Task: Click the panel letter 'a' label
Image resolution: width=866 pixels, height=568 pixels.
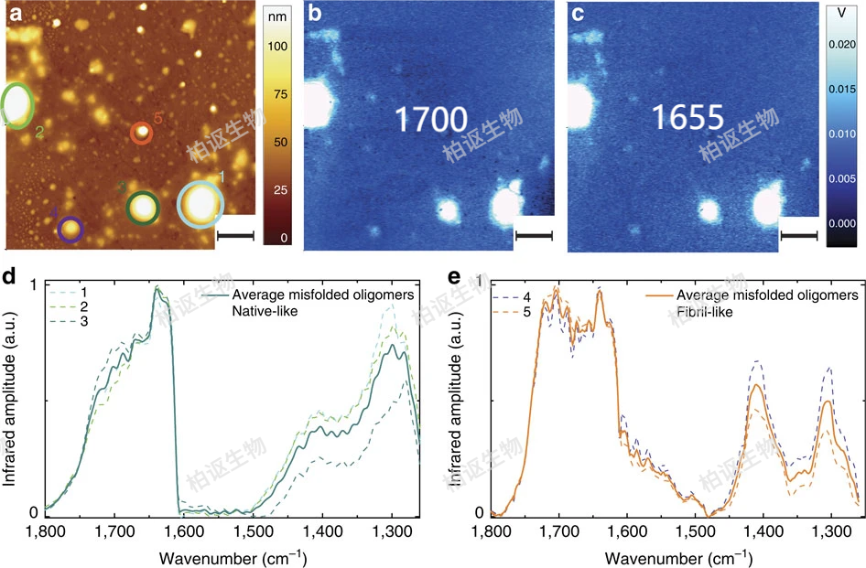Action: click(16, 12)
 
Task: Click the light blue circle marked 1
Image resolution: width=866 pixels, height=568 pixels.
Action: click(200, 204)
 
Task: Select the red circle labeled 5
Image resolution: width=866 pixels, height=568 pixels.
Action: click(142, 134)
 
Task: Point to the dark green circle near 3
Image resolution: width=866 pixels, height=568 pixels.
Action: click(142, 208)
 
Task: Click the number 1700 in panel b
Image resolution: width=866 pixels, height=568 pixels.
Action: click(431, 119)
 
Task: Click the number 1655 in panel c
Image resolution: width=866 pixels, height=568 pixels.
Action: click(687, 116)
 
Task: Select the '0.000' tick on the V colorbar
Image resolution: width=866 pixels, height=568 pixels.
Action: click(841, 223)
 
